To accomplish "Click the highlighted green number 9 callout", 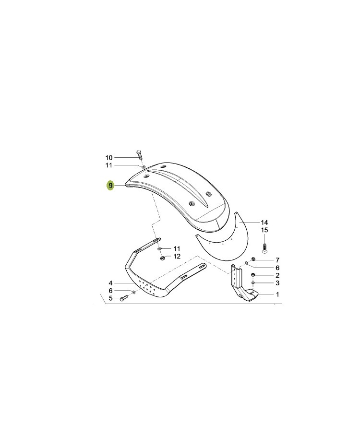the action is point(110,186).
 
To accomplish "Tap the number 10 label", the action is point(109,158).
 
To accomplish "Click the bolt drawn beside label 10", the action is point(140,155).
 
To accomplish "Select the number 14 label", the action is point(264,223).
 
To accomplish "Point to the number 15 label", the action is point(264,230).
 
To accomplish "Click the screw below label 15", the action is point(264,248).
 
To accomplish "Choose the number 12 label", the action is point(177,256).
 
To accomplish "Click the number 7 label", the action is point(277,260).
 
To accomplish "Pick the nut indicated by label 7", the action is point(252,259).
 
